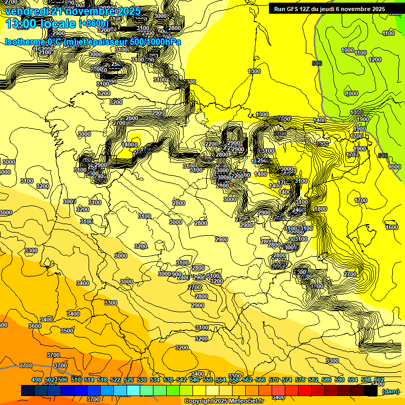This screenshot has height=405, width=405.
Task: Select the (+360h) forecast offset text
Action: (93, 24)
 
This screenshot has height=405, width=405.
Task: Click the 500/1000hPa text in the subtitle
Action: (159, 42)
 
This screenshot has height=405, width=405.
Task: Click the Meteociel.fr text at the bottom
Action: (247, 401)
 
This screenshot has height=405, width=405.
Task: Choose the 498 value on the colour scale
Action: (36, 380)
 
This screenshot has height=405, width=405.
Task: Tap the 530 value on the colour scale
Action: (142, 380)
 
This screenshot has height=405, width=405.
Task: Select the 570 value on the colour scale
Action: (274, 380)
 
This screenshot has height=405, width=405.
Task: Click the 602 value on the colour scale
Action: (379, 380)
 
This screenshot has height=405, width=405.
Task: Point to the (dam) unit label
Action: (390, 391)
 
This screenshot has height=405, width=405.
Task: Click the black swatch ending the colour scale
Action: (371, 391)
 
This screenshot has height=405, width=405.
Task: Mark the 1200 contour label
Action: (375, 60)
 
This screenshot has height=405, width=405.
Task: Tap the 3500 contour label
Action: (67, 331)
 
